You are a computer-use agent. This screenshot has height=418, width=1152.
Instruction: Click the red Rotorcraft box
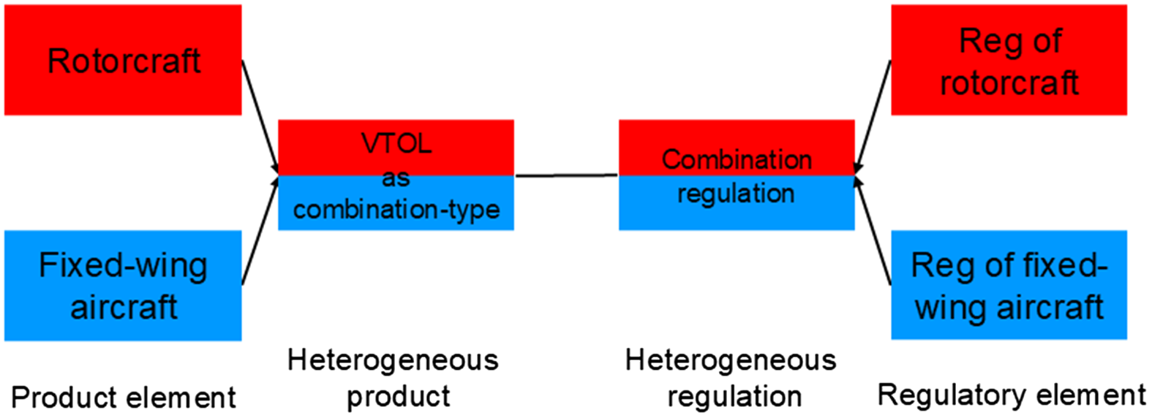pyautogui.click(x=123, y=60)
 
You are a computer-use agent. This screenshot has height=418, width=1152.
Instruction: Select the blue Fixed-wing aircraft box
pyautogui.click(x=123, y=286)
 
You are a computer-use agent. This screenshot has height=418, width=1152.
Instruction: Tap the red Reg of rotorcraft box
pyautogui.click(x=1009, y=60)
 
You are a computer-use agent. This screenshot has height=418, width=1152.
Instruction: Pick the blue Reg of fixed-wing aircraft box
pyautogui.click(x=1009, y=286)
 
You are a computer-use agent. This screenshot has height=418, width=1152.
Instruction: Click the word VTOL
pyautogui.click(x=396, y=143)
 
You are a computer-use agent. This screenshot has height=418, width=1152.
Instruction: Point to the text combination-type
pyautogui.click(x=396, y=210)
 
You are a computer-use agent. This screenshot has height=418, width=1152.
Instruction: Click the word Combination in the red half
pyautogui.click(x=737, y=159)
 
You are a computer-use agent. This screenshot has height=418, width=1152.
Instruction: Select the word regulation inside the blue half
pyautogui.click(x=736, y=194)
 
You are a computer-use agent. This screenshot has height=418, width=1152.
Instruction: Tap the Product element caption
pyautogui.click(x=124, y=398)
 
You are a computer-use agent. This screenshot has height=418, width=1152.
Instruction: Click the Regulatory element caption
pyautogui.click(x=1012, y=395)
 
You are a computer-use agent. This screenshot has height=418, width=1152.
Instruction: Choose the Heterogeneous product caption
pyautogui.click(x=394, y=378)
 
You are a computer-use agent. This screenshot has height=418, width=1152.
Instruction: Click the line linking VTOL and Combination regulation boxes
pyautogui.click(x=566, y=175)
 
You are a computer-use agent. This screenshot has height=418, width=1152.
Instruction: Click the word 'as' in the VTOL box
pyautogui.click(x=396, y=178)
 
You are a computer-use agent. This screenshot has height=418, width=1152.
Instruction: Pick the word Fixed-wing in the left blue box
pyautogui.click(x=123, y=265)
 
